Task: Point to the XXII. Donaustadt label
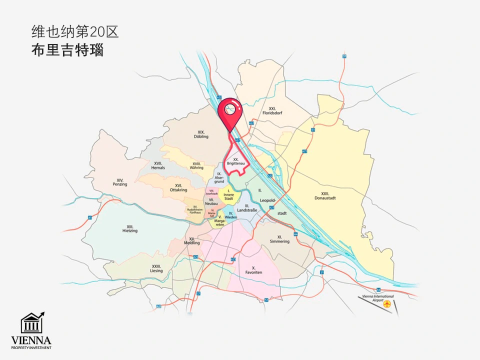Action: coord(328,195)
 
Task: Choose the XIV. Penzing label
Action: coord(120,182)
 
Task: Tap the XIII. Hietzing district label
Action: coord(129,228)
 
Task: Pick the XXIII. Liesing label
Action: coord(156,268)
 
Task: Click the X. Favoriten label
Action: coord(254,270)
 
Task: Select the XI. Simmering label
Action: coord(279,239)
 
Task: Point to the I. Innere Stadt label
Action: coord(228,194)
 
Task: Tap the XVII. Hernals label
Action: coord(158,165)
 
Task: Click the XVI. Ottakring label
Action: coord(178,187)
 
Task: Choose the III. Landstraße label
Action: coord(247,208)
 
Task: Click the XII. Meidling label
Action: coord(192,241)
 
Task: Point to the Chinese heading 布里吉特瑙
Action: coord(67,50)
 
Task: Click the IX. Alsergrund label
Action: coord(219,177)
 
